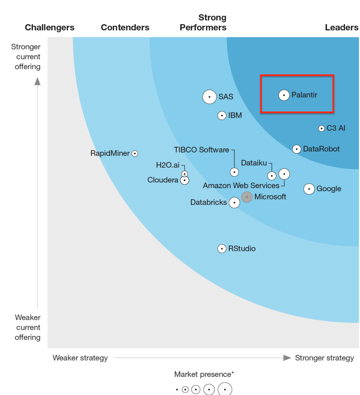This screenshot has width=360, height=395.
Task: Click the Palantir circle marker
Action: point(284,95)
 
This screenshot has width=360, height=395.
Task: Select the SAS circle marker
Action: point(209,97)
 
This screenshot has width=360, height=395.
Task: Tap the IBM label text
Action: point(235,116)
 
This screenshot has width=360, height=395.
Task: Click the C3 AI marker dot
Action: point(321,128)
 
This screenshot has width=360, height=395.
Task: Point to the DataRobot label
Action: point(321,149)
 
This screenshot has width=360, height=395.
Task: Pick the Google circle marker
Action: point(309,189)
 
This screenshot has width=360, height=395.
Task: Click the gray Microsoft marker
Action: point(247,197)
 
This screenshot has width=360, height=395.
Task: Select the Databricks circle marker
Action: point(234,203)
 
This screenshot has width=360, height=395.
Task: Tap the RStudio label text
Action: point(242,249)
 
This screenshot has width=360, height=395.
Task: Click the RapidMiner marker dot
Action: point(135,153)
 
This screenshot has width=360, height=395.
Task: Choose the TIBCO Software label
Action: point(201,150)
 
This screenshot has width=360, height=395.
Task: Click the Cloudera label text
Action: point(163,180)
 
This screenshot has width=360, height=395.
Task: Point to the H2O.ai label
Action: point(167,165)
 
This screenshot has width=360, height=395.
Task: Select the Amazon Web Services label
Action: point(241,186)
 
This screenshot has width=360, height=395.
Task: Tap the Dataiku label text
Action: point(254,163)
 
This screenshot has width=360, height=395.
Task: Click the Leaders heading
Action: point(341,28)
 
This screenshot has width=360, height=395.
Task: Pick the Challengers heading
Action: point(49,28)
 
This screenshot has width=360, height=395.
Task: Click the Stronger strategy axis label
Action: point(324,358)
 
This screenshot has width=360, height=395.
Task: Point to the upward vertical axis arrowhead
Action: point(37,81)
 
